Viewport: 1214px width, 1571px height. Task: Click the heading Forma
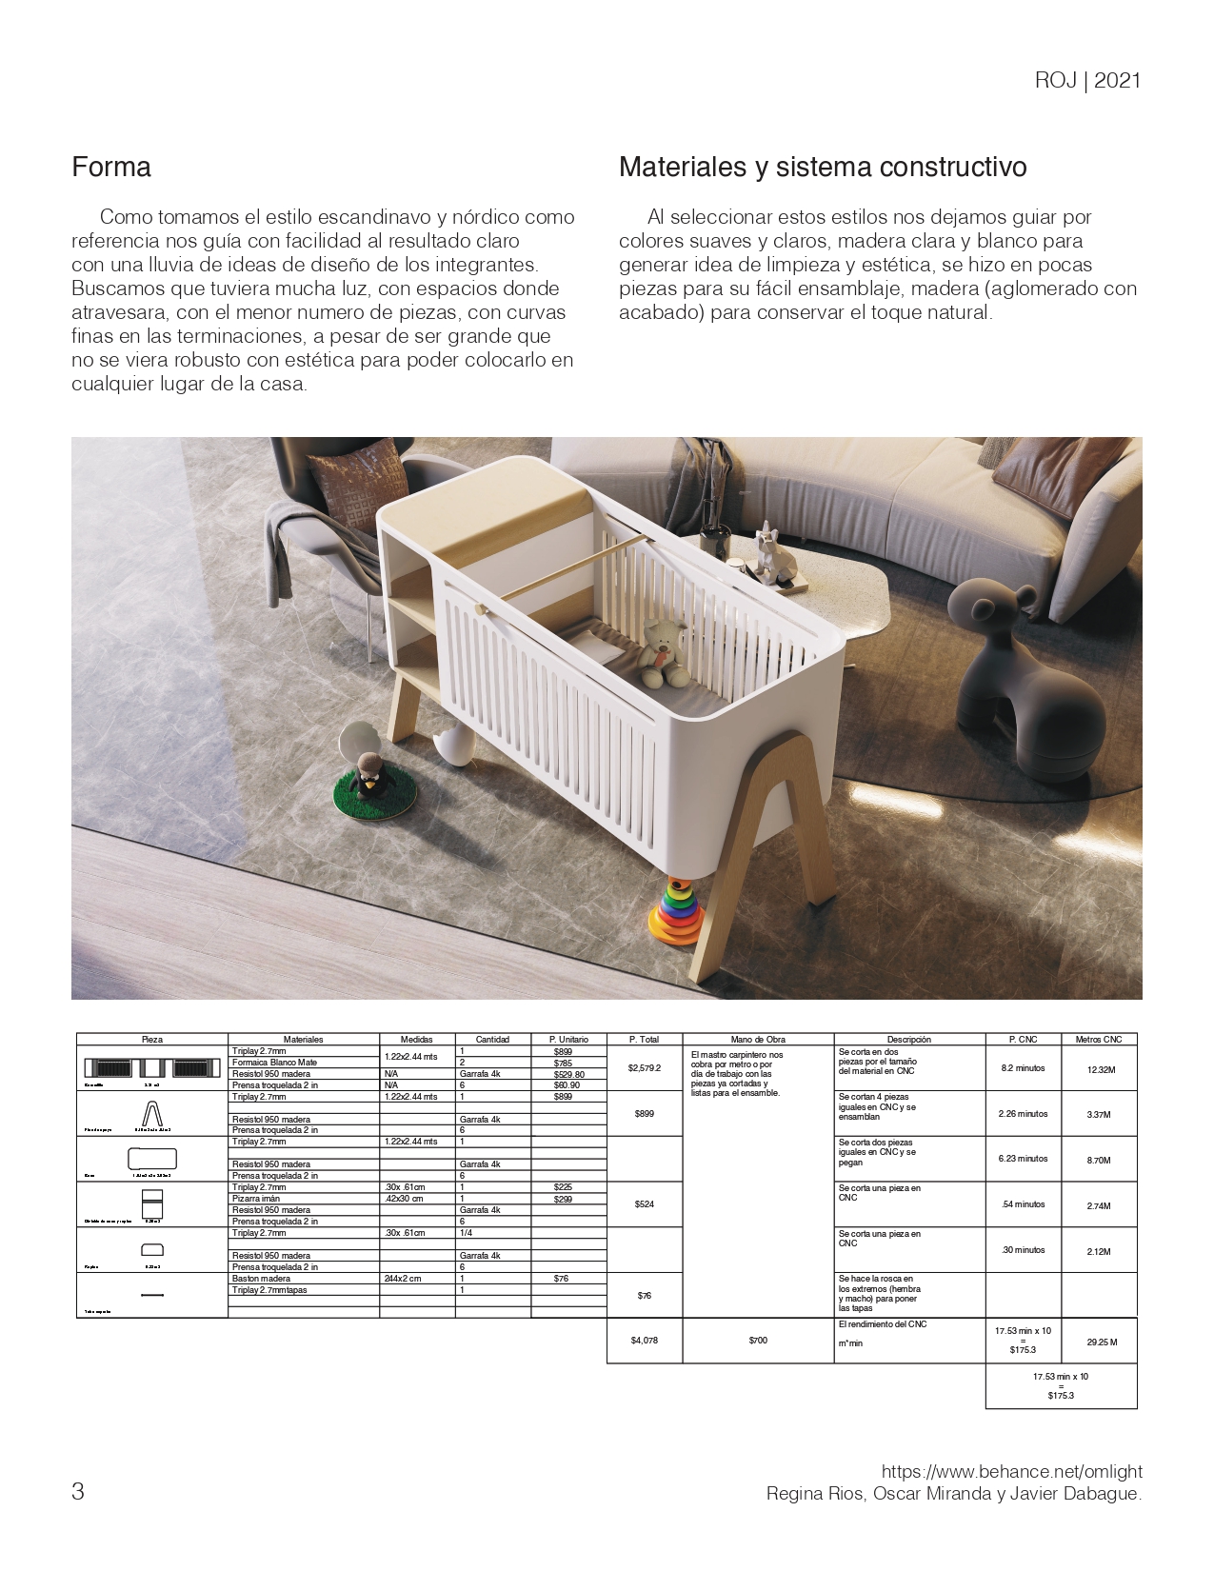tap(111, 168)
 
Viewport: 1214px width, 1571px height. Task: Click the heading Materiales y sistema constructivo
tap(823, 168)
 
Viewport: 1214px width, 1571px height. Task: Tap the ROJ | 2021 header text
tap(1086, 81)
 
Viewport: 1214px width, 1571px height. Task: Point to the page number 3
tap(78, 1491)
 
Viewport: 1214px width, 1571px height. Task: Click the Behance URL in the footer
tap(1011, 1472)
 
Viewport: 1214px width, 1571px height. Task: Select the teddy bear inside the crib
tap(663, 652)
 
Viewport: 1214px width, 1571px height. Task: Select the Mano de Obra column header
tap(758, 1039)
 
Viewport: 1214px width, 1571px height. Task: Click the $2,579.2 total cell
tap(645, 1068)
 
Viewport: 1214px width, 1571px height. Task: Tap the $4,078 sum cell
tap(645, 1341)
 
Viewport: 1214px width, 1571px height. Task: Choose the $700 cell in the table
tap(758, 1341)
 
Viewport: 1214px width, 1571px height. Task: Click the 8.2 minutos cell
tap(1023, 1068)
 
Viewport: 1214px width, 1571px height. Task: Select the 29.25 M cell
tap(1101, 1342)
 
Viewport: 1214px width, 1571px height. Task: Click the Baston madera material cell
tap(262, 1279)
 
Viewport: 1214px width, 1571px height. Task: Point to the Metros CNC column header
tap(1099, 1039)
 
